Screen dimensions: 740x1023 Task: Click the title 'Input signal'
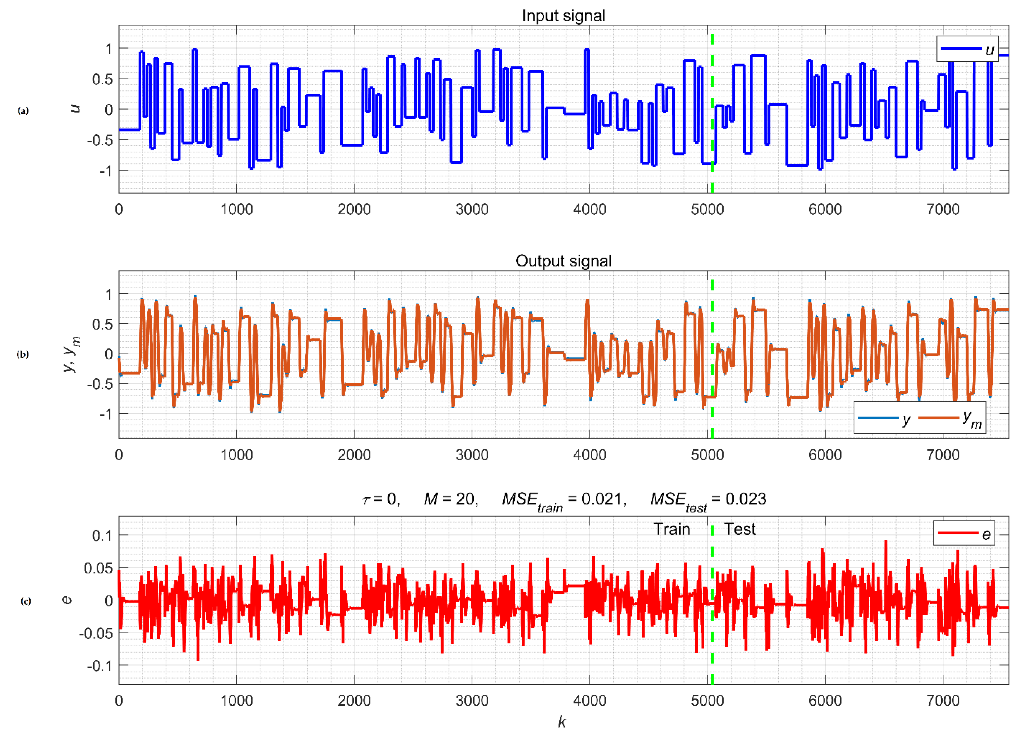tap(563, 16)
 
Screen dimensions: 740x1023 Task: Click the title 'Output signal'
tap(563, 261)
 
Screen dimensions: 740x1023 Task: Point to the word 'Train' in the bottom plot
tap(672, 529)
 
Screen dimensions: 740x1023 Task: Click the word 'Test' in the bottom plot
tap(740, 529)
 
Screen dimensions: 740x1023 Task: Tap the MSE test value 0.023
tap(746, 499)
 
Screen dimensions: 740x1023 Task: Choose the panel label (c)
tap(26, 601)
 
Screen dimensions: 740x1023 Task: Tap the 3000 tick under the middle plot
tap(472, 455)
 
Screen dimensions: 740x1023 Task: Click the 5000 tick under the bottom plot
tap(707, 701)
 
